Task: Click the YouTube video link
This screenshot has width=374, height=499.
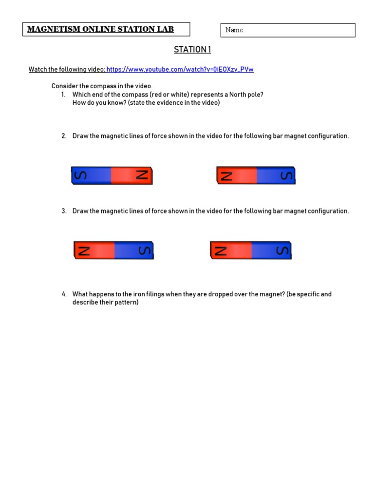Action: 180,70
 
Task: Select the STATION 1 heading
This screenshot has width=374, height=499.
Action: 192,50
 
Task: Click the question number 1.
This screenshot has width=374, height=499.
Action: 63,95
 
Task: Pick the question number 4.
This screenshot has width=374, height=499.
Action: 64,294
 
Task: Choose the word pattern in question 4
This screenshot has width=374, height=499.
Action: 127,302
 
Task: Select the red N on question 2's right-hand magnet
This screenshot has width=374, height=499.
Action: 226,175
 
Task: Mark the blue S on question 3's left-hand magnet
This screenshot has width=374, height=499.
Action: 144,250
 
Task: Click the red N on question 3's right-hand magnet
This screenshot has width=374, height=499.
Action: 221,250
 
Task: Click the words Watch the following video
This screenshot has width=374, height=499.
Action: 67,70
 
